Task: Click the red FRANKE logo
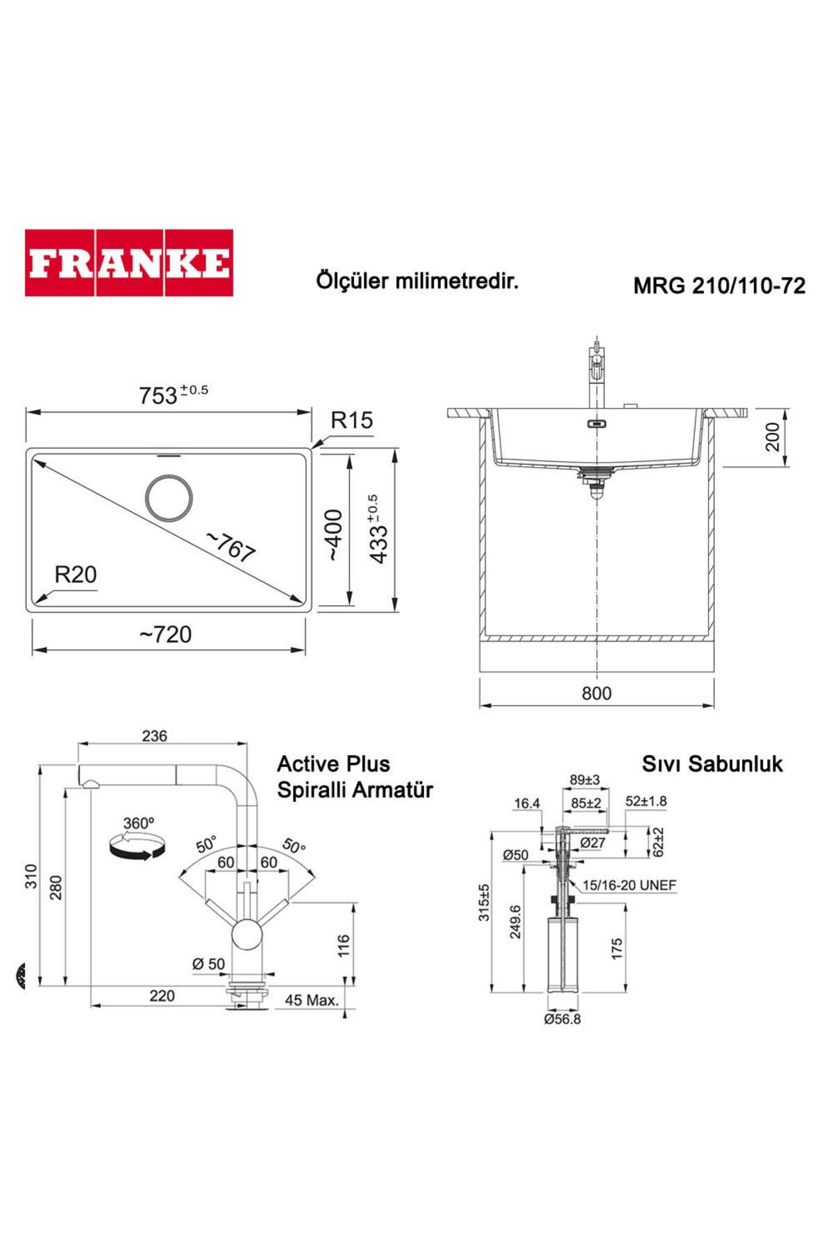(x=129, y=263)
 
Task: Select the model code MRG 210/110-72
(x=719, y=286)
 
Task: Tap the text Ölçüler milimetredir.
(x=417, y=282)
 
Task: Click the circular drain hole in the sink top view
(x=169, y=498)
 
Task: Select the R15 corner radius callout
(x=351, y=420)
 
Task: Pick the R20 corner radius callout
(x=76, y=575)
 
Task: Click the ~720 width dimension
(x=165, y=634)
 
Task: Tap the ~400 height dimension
(x=335, y=535)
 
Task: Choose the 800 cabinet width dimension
(x=596, y=693)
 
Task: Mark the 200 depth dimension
(x=773, y=436)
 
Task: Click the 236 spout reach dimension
(x=154, y=736)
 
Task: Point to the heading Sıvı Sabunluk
(x=712, y=764)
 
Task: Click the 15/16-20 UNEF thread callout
(x=629, y=885)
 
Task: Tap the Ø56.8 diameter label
(x=562, y=1019)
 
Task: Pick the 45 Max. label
(x=312, y=1000)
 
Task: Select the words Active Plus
(x=333, y=764)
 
